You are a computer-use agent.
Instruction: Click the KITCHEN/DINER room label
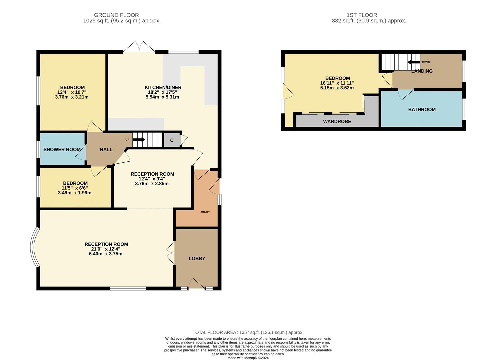point(163,88)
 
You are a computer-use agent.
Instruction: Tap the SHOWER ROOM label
point(62,149)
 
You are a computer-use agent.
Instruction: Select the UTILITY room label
point(205,212)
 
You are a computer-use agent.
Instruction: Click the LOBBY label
point(197,258)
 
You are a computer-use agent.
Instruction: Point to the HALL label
point(106,149)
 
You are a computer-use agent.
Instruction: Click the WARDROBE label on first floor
point(337,122)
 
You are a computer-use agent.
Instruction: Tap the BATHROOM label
point(422,109)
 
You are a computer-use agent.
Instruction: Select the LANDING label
point(422,71)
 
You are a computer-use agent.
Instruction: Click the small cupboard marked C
point(172,140)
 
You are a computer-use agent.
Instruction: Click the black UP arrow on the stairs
point(139,140)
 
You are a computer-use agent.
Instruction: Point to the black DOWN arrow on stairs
point(413,62)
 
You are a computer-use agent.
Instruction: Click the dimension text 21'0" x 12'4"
point(106,249)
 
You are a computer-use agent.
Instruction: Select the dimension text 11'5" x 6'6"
point(75,188)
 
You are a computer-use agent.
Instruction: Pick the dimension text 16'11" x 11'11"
point(337,83)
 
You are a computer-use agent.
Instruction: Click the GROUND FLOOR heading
point(116,15)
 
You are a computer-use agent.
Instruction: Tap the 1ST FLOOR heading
point(362,15)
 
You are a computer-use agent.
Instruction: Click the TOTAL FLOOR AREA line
point(248,332)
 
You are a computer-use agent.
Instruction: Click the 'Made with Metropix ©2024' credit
point(248,358)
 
